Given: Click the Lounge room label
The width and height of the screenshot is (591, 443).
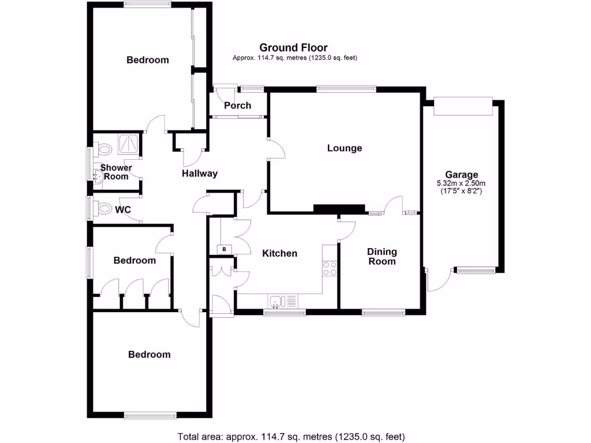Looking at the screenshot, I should [x=345, y=148].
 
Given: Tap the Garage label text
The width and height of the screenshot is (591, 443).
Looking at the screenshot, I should [x=461, y=175].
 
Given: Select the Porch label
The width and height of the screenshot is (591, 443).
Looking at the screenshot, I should [x=237, y=106].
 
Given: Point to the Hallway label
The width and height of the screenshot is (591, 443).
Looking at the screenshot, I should [x=200, y=173].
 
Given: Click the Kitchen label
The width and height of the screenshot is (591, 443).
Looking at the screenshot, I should [x=280, y=253].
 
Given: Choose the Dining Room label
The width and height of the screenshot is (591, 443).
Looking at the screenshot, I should [x=382, y=256].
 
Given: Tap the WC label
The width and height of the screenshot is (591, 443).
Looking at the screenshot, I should [x=123, y=209].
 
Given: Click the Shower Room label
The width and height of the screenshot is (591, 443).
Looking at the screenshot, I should [x=116, y=172].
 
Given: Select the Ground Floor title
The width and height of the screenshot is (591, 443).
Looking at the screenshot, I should [x=293, y=48].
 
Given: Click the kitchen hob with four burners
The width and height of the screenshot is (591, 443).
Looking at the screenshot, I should [x=330, y=268].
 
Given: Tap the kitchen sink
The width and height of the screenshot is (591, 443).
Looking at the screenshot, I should [x=278, y=301].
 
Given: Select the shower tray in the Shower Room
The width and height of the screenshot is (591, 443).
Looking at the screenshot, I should [x=129, y=144].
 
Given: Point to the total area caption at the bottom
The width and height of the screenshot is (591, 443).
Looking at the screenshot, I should [x=291, y=436].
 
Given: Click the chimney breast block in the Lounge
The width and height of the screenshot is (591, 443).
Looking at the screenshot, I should [x=339, y=208].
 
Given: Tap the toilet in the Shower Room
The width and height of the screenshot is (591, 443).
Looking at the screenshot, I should [x=104, y=150].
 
